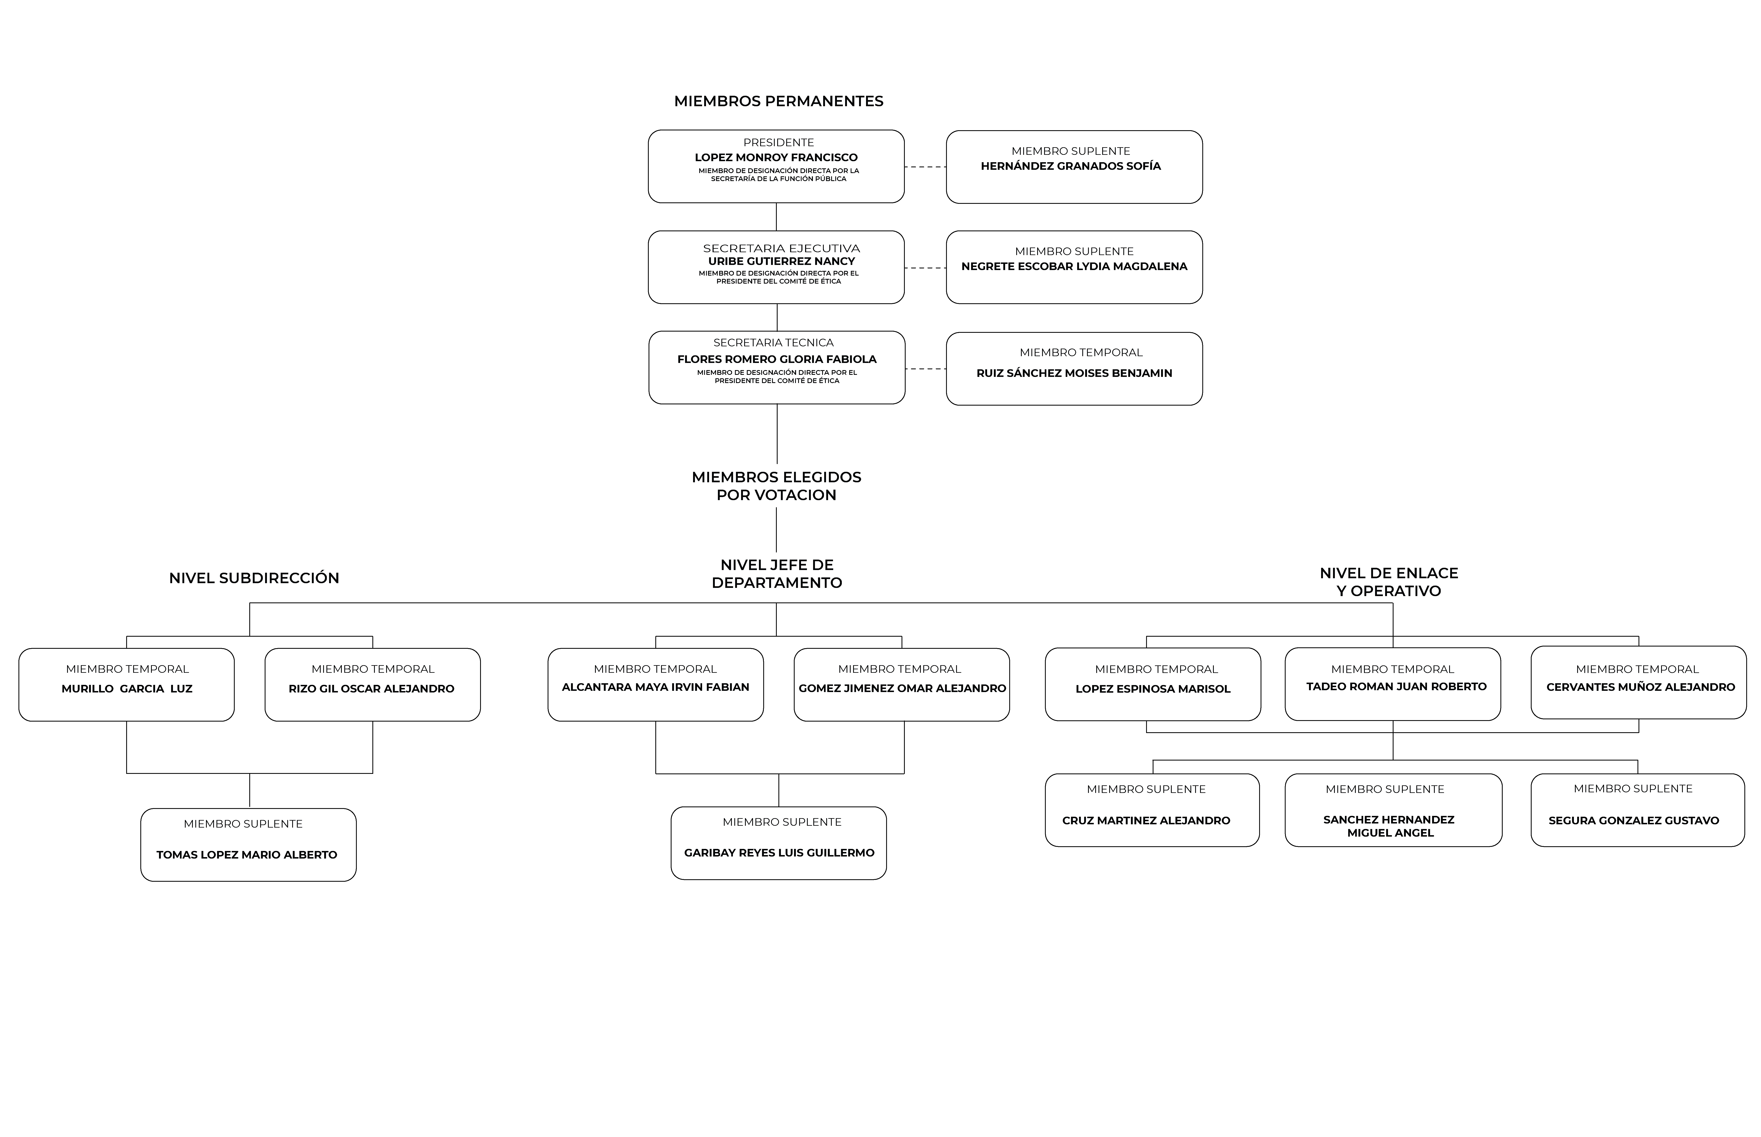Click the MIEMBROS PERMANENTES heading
779,101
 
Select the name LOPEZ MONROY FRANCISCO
776,157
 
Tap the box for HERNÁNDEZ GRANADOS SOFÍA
1074,167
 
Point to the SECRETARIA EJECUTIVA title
782,248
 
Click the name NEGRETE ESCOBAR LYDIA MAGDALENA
1074,267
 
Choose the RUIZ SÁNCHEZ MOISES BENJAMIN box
1074,368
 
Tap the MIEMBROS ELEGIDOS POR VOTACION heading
776,486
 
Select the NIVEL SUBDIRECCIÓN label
254,578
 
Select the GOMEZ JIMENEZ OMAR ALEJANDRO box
902,684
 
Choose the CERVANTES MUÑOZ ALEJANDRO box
1638,682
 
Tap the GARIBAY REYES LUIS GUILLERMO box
779,843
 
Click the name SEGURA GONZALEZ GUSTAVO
1634,820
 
